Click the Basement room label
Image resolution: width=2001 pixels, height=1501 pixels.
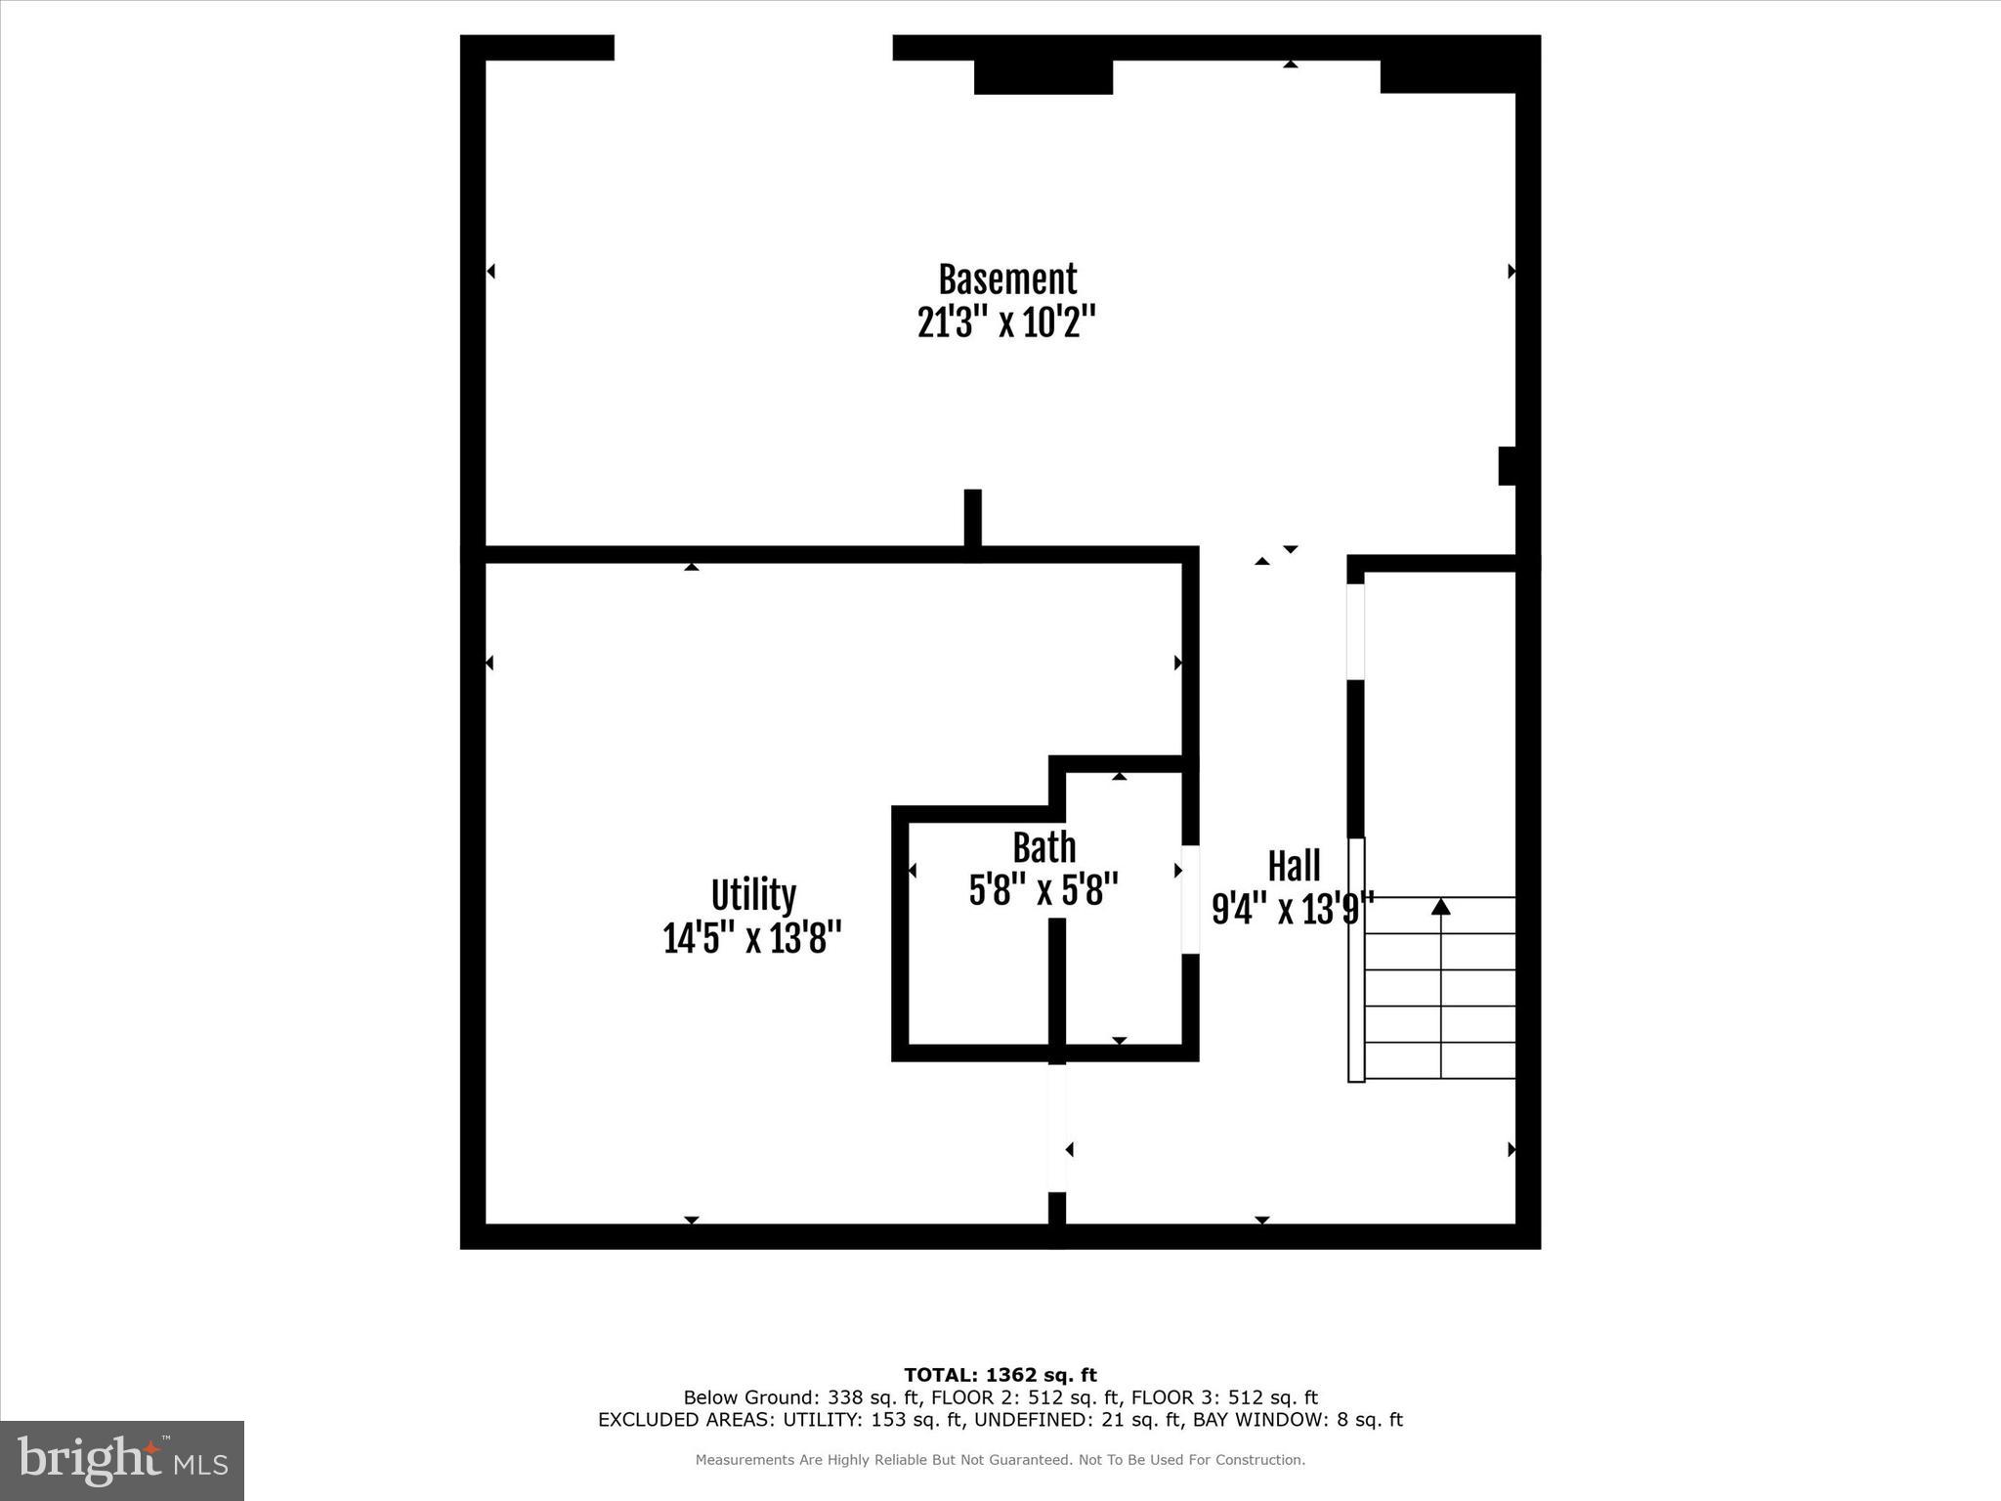(x=1007, y=279)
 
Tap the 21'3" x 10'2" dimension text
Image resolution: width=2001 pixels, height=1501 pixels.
(x=1007, y=322)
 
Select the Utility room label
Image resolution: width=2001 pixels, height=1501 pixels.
(x=753, y=895)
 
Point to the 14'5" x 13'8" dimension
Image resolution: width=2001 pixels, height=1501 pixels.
(x=752, y=939)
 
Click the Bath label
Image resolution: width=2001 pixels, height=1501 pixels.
(x=1043, y=848)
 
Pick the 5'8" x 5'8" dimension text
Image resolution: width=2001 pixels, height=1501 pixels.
(x=1043, y=890)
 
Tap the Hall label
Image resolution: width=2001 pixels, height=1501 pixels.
(x=1294, y=866)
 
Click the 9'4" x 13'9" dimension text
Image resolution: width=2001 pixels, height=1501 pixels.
(x=1293, y=909)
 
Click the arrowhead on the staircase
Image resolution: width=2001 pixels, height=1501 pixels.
(x=1440, y=907)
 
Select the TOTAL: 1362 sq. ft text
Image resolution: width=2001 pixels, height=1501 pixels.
(x=1000, y=1376)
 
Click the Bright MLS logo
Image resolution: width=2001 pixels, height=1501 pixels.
(x=122, y=1461)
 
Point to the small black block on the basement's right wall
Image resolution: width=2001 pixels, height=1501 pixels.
(x=1507, y=466)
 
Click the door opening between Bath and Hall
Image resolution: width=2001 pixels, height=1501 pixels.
(x=1190, y=899)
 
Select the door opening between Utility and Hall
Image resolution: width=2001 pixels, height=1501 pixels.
(x=1056, y=1128)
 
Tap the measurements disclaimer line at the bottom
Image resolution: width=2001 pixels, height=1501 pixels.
(x=1000, y=1460)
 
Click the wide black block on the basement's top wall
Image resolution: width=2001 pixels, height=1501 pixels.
(x=1043, y=76)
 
